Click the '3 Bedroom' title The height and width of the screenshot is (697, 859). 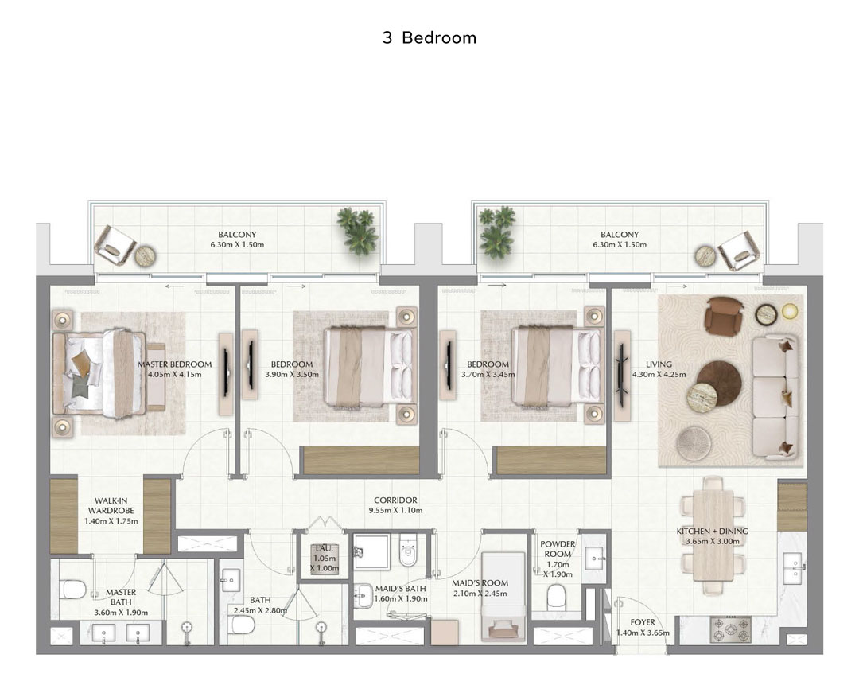[x=429, y=38]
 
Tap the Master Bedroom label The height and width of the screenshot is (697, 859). [x=175, y=364]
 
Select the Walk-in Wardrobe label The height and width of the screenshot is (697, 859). [x=111, y=506]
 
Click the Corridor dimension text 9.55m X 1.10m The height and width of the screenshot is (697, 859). [x=395, y=511]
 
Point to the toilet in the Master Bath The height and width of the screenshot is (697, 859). [x=74, y=590]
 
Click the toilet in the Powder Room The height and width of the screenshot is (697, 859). [x=557, y=596]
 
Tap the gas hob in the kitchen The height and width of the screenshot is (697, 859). [x=731, y=629]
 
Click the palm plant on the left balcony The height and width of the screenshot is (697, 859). [x=358, y=230]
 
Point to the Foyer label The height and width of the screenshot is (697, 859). [x=643, y=622]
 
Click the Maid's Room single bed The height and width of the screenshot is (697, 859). [x=503, y=596]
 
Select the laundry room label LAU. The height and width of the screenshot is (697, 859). [x=325, y=548]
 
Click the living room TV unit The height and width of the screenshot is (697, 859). [x=622, y=376]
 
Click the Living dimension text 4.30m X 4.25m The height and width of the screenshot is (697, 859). [x=659, y=375]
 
